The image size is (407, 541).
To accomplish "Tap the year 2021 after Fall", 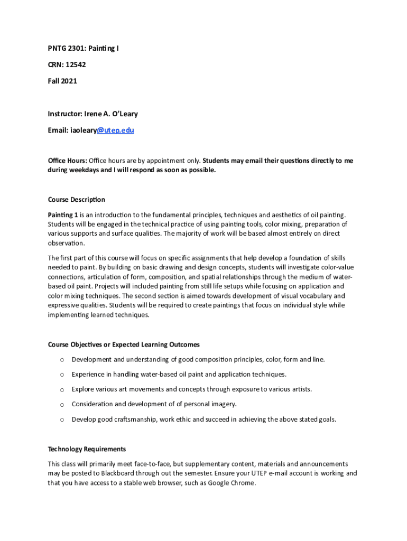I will pyautogui.click(x=69, y=81).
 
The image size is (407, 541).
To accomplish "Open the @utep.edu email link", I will pyautogui.click(x=115, y=129).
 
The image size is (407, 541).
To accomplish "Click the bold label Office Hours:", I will pyautogui.click(x=67, y=161).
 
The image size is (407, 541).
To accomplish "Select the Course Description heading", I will pyautogui.click(x=76, y=200).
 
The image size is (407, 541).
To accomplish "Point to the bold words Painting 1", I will pyautogui.click(x=63, y=214).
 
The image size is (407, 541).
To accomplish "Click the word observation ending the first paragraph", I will pyautogui.click(x=66, y=243).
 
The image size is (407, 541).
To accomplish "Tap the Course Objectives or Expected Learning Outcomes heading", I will pyautogui.click(x=124, y=344).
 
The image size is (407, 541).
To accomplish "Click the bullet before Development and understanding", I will pyautogui.click(x=62, y=360).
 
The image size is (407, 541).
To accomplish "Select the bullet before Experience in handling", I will pyautogui.click(x=62, y=375).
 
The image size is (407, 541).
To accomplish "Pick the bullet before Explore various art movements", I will pyautogui.click(x=62, y=389).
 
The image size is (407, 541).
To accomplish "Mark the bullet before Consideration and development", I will pyautogui.click(x=62, y=404).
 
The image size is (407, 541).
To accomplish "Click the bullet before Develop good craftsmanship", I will pyautogui.click(x=62, y=419).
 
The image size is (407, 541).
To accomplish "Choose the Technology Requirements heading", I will pyautogui.click(x=87, y=449).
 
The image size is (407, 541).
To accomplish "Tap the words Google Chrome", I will pyautogui.click(x=232, y=483).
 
